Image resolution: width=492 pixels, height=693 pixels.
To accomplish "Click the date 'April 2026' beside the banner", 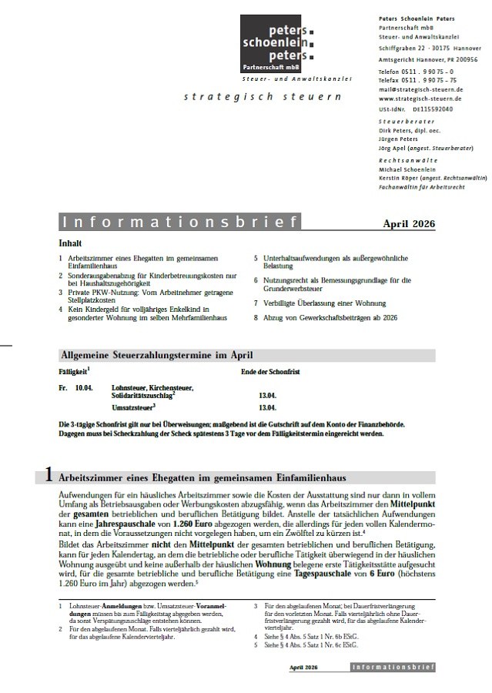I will point(409,224).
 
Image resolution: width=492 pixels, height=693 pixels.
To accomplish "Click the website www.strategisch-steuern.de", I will point(420,99).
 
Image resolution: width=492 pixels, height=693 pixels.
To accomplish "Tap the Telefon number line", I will point(417,72).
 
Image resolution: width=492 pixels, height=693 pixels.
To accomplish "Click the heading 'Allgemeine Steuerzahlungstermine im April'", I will point(156,355).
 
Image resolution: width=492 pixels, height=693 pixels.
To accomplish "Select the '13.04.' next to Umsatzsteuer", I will point(268,407).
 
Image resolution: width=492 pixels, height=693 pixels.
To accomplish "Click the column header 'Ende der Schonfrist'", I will point(270,373).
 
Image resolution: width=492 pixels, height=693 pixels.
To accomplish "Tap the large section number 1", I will point(49,476).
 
